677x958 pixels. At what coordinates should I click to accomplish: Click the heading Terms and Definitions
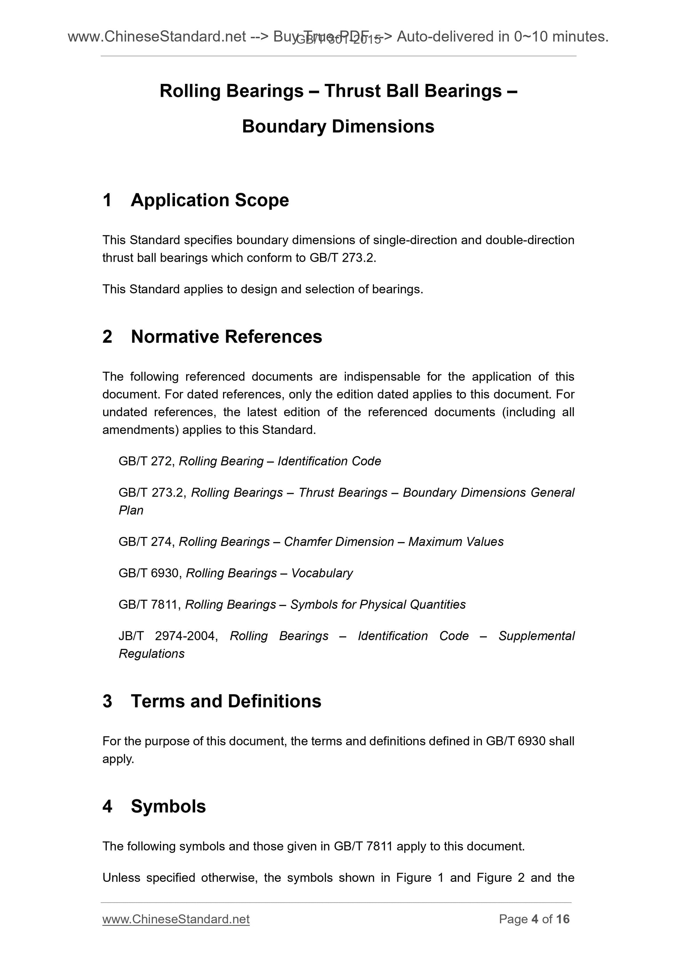click(x=226, y=701)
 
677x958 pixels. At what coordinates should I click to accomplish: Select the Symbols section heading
click(x=168, y=806)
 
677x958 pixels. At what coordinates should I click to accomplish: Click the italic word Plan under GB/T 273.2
click(x=131, y=510)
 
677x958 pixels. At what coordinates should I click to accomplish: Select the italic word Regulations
click(x=151, y=654)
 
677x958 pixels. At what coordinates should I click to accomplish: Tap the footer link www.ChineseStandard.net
click(x=176, y=919)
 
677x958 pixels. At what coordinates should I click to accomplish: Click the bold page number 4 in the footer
click(x=535, y=919)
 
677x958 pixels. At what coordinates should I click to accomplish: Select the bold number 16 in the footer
click(x=563, y=919)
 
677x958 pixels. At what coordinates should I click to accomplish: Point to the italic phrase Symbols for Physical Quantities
click(x=377, y=604)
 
